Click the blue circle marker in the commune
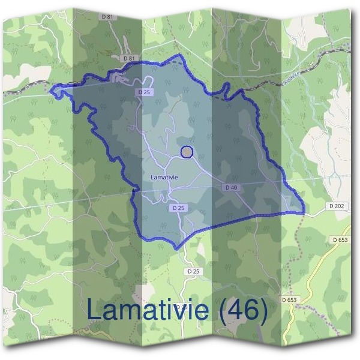point(187,152)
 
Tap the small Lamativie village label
point(164,178)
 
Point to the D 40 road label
point(232,188)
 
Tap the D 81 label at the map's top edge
point(108,17)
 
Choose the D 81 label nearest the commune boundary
point(127,58)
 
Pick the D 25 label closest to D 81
point(143,92)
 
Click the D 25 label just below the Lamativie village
point(176,208)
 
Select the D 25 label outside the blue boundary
point(193,272)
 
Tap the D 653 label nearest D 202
point(340,240)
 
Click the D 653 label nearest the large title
point(289,299)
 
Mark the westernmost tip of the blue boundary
point(51,91)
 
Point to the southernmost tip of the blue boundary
point(176,248)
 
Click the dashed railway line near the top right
point(324,58)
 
